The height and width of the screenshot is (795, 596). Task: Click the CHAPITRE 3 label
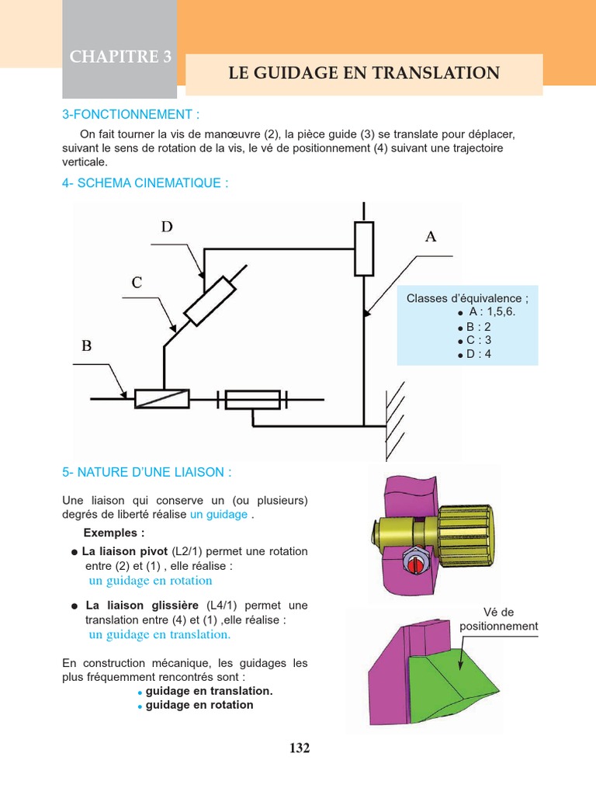(x=120, y=57)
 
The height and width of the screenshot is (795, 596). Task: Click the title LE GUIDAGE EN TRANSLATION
(x=364, y=74)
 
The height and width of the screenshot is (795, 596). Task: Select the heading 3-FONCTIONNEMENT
(x=130, y=115)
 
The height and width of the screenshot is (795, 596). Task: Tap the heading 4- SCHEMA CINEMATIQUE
(x=145, y=183)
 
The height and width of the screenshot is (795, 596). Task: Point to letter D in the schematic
(x=167, y=227)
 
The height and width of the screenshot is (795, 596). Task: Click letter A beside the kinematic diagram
(x=431, y=237)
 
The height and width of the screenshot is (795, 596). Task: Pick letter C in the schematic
(x=137, y=283)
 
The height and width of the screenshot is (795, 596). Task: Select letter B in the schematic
(x=87, y=346)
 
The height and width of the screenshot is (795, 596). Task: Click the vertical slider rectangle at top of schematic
(x=364, y=248)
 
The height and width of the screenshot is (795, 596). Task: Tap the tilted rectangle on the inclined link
(x=210, y=300)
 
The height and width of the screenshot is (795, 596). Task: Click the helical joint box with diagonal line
(x=162, y=398)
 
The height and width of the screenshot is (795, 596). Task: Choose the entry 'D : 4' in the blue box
(x=479, y=354)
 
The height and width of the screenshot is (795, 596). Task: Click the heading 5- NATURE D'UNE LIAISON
(x=147, y=472)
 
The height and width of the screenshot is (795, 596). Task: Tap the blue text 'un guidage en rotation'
(x=151, y=581)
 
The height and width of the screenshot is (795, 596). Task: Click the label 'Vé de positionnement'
(x=498, y=619)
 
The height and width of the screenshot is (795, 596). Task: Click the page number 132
(x=300, y=748)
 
